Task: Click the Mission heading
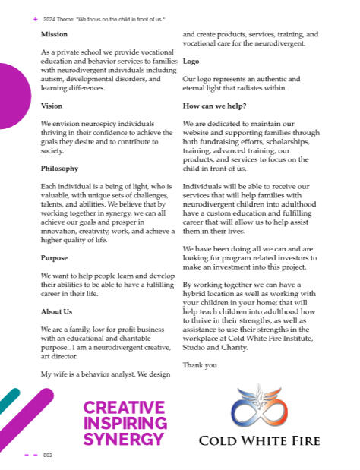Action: [x=54, y=34]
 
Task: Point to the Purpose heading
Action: [x=55, y=257]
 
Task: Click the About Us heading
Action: [x=57, y=311]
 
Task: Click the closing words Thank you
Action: [x=200, y=365]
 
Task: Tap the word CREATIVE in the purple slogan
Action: [x=124, y=408]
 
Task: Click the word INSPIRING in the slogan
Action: [x=125, y=423]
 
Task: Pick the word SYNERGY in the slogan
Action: [x=124, y=439]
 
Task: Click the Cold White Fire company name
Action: [x=259, y=440]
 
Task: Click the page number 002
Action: [x=48, y=455]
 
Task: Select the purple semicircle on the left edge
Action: [x=13, y=96]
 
